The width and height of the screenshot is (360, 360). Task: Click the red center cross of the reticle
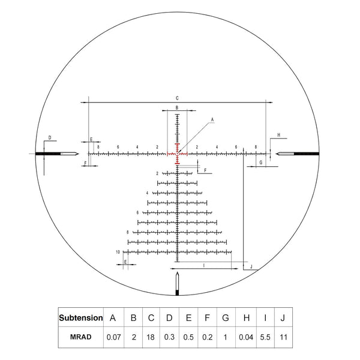178,154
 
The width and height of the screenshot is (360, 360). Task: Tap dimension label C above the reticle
178,97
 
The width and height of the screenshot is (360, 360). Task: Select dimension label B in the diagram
177,107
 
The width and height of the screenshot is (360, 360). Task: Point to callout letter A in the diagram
212,120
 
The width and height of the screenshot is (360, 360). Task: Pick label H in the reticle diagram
278,136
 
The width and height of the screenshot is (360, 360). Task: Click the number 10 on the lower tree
118,252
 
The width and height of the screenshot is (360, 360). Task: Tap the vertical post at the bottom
178,284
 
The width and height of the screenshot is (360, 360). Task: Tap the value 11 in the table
283,337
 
